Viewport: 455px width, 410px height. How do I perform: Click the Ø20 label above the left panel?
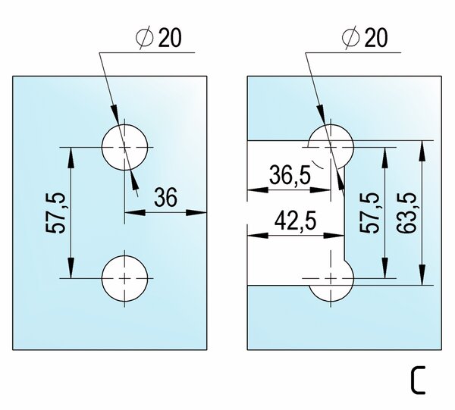158,37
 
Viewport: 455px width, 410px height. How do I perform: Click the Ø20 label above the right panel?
365,37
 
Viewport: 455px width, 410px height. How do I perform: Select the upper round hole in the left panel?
125,147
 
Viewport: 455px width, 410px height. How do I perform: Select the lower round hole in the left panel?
125,279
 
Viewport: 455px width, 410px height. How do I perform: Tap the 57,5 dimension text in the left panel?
55,212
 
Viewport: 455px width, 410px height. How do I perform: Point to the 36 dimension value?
165,197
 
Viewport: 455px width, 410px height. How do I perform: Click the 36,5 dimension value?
290,175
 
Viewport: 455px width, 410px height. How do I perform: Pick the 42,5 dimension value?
295,220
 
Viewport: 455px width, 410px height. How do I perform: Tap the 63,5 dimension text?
406,212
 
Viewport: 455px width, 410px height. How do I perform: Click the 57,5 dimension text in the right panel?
369,212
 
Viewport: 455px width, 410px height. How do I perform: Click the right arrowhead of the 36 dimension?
196,212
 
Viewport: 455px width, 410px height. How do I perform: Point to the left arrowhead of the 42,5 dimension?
258,236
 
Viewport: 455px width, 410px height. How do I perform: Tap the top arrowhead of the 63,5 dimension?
422,151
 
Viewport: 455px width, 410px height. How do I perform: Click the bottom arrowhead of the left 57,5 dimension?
71,268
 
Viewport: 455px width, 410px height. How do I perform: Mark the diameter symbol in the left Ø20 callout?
145,38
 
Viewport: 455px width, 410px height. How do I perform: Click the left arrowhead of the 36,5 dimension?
258,190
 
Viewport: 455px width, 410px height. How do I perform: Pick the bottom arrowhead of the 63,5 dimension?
422,274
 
